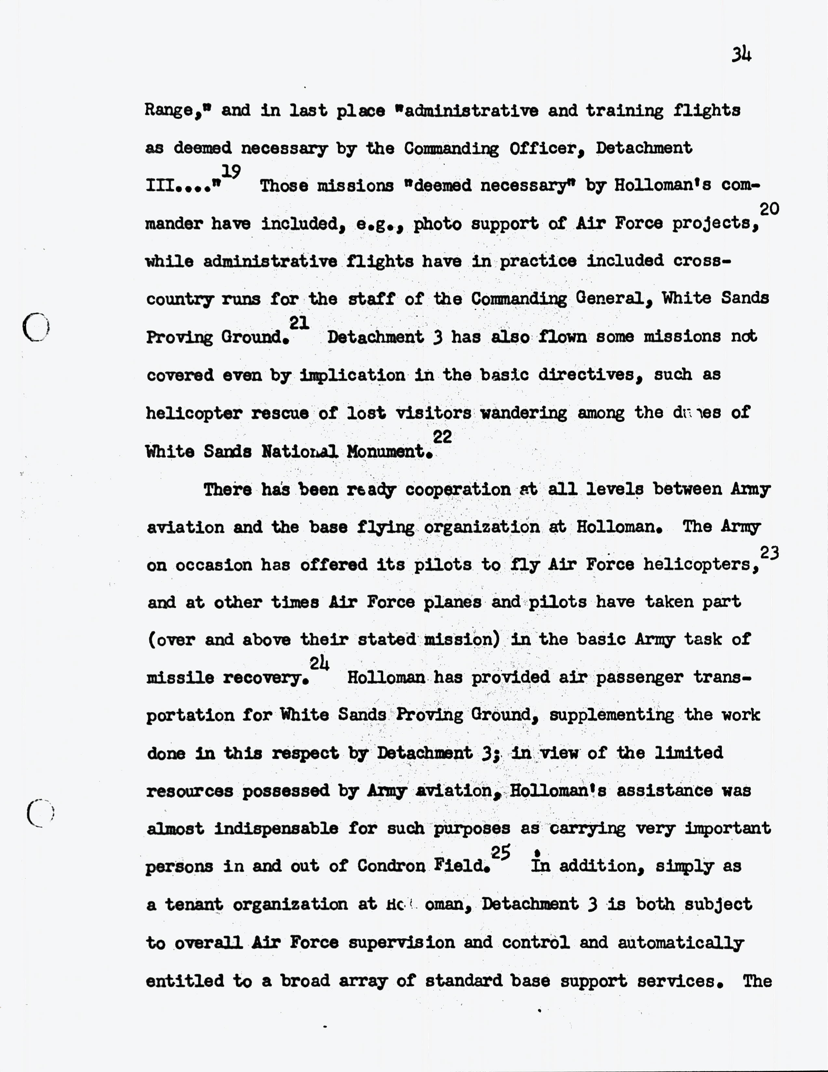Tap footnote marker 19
tap(231, 171)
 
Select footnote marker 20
tap(769, 209)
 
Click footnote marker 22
tap(442, 436)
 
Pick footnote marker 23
tap(769, 553)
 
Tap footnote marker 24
tap(319, 663)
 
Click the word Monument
tap(386, 451)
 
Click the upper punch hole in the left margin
tap(36, 327)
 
